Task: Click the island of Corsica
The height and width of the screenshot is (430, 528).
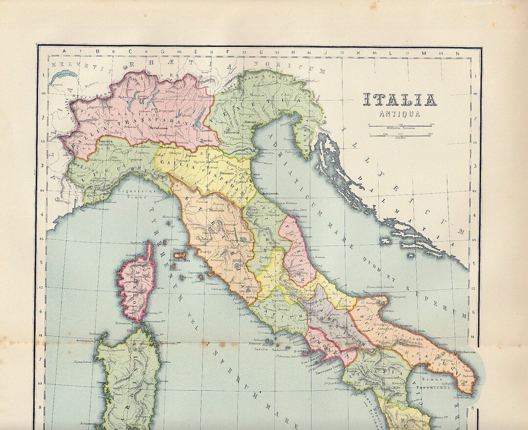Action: pyautogui.click(x=136, y=284)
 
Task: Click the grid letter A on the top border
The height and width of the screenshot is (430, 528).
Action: pyautogui.click(x=64, y=52)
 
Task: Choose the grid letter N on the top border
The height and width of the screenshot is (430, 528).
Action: pyautogui.click(x=458, y=53)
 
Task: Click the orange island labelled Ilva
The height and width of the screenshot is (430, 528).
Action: pyautogui.click(x=179, y=255)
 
